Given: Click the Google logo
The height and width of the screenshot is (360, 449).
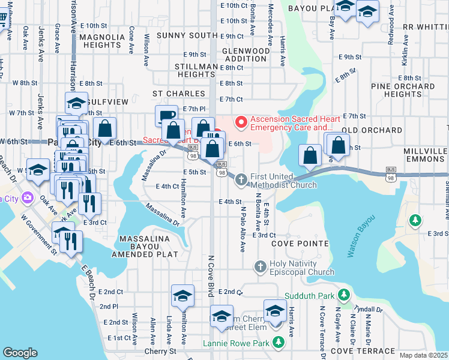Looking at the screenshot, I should tap(20, 353).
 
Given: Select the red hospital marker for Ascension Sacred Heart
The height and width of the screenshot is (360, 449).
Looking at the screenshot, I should tap(241, 123).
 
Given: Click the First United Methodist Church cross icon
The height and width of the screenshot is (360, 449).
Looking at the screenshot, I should tap(241, 179).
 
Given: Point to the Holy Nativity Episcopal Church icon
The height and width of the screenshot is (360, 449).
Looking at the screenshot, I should tap(261, 266).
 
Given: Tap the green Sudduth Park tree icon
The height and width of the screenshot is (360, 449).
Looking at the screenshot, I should tap(343, 295).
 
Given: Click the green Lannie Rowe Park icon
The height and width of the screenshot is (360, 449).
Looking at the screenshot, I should tap(278, 342).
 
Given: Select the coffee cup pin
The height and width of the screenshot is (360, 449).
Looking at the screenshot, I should tap(166, 115).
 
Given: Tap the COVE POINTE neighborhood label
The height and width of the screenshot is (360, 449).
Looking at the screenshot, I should tap(300, 244).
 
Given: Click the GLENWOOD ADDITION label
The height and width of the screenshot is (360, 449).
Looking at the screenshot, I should tap(246, 56).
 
